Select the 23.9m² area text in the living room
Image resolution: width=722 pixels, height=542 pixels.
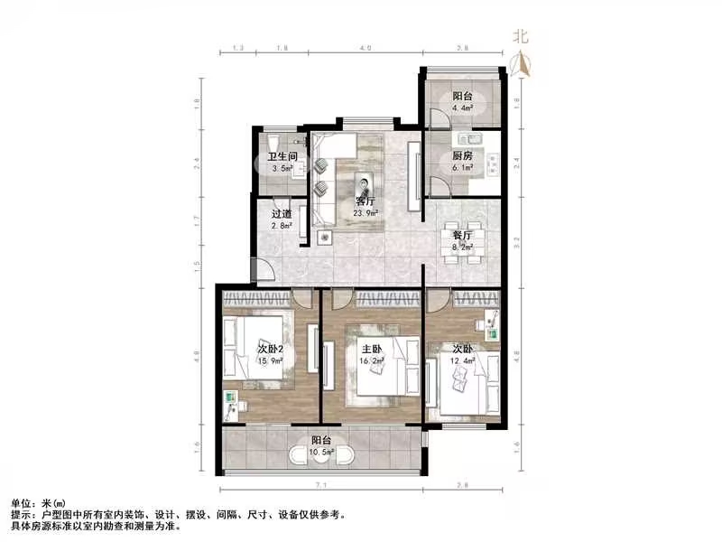coord(365,213)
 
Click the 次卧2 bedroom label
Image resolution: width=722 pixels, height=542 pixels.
coord(271,349)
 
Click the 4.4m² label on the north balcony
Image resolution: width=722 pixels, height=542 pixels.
coord(462,110)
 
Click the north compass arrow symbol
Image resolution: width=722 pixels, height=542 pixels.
coord(520,61)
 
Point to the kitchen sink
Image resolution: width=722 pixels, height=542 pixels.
coord(470,139)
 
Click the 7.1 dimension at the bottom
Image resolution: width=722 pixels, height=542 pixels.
coord(320,485)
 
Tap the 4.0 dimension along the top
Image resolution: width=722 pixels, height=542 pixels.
coord(364,46)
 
